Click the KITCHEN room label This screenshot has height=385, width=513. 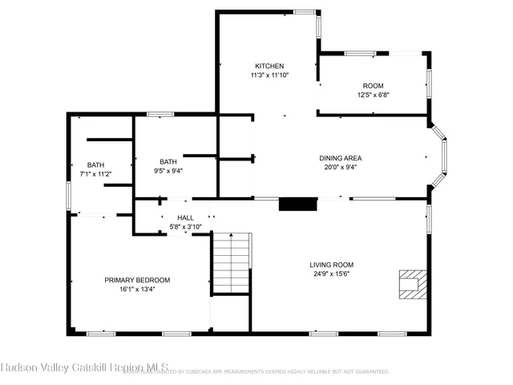269,66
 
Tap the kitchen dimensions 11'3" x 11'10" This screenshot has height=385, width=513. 269,75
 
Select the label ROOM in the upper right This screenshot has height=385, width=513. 373,85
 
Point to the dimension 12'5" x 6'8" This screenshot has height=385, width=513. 373,95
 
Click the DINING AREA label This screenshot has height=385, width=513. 341,158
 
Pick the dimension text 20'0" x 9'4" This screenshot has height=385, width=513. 341,168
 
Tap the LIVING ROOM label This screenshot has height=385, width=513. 332,265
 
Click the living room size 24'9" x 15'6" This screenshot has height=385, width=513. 332,274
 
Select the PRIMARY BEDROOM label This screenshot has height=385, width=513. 137,280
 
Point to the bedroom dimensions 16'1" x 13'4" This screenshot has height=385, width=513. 137,290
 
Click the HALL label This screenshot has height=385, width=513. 185,217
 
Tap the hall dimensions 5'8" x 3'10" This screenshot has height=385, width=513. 185,227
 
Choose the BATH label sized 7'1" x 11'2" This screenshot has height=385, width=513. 95,164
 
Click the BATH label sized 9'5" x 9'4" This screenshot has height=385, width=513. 168,160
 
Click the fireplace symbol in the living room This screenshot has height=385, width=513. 411,282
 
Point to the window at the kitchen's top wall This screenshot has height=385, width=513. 305,11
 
